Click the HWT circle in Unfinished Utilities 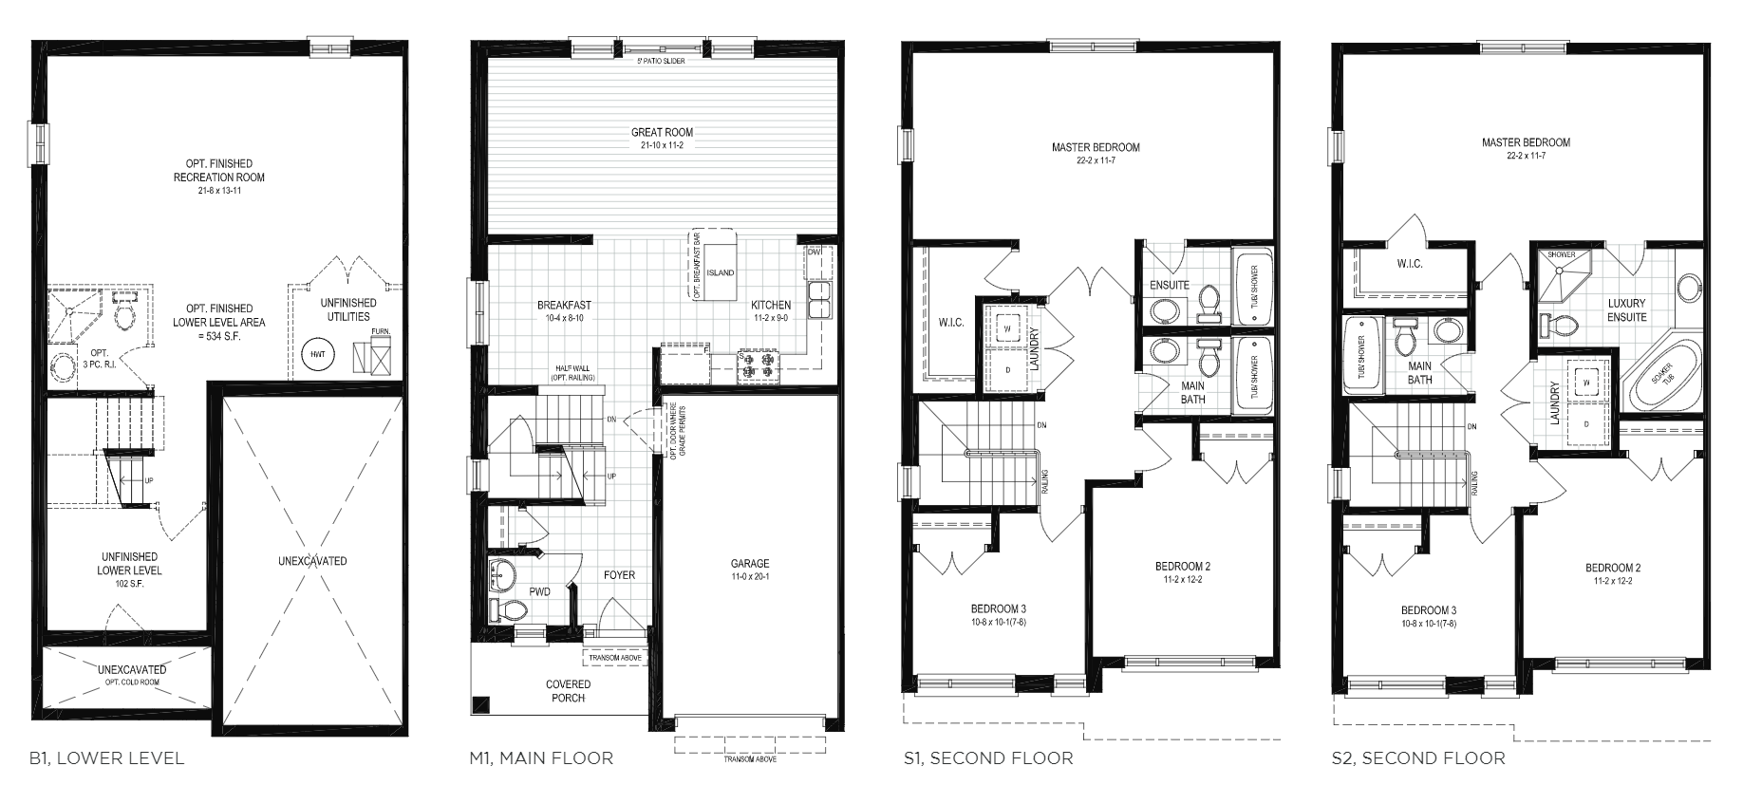(316, 355)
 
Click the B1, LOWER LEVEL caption (106, 757)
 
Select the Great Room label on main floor (662, 133)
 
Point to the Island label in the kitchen (720, 272)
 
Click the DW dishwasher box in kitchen (815, 252)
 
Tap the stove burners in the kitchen (756, 365)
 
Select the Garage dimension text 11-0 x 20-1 (749, 577)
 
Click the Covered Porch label (568, 691)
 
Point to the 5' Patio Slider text (662, 61)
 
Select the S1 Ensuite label (1169, 285)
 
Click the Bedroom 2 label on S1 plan (1183, 567)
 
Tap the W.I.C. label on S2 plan (1409, 264)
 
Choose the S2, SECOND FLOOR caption (1417, 757)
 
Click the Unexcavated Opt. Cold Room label (132, 675)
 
